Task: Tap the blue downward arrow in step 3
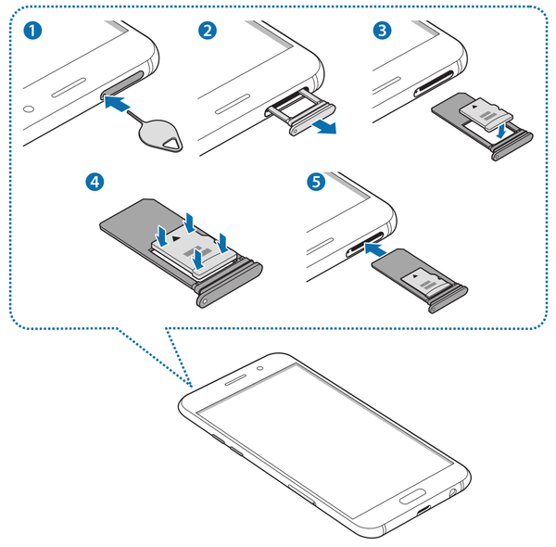tap(499, 131)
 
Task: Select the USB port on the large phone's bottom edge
tap(423, 512)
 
